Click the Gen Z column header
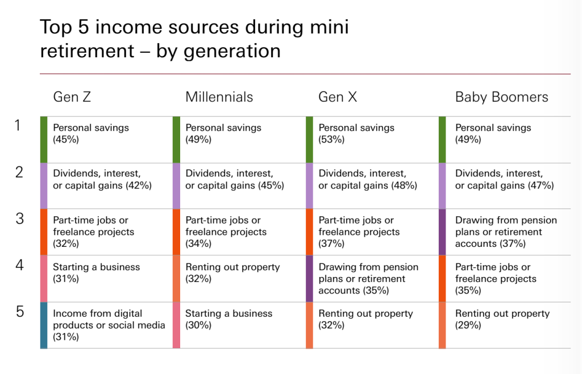(72, 97)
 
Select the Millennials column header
(219, 97)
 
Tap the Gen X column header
(338, 97)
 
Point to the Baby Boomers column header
(501, 97)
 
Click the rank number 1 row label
(19, 125)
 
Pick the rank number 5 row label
(19, 312)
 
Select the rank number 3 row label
(19, 218)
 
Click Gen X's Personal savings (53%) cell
(356, 133)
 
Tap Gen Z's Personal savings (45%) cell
(91, 133)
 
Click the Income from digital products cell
(109, 325)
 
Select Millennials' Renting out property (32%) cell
(232, 272)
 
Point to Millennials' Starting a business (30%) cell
(228, 319)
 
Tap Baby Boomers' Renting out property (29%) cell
(502, 319)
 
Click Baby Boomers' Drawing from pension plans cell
(506, 232)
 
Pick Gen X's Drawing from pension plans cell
(368, 278)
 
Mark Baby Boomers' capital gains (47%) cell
(504, 179)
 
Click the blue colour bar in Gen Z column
(44, 325)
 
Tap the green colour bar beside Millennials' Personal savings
(176, 140)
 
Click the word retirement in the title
(83, 51)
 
